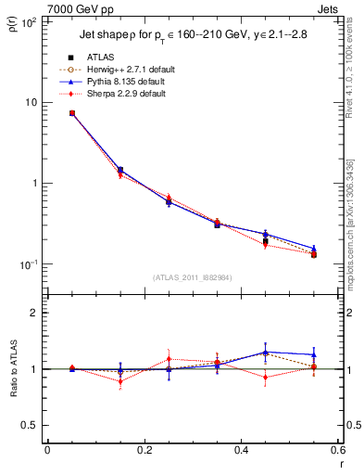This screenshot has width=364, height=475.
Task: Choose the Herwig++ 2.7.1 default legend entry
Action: pos(130,70)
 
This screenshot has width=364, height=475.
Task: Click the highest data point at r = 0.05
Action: pos(71,113)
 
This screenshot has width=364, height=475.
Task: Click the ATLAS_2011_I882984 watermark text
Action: pos(192,277)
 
